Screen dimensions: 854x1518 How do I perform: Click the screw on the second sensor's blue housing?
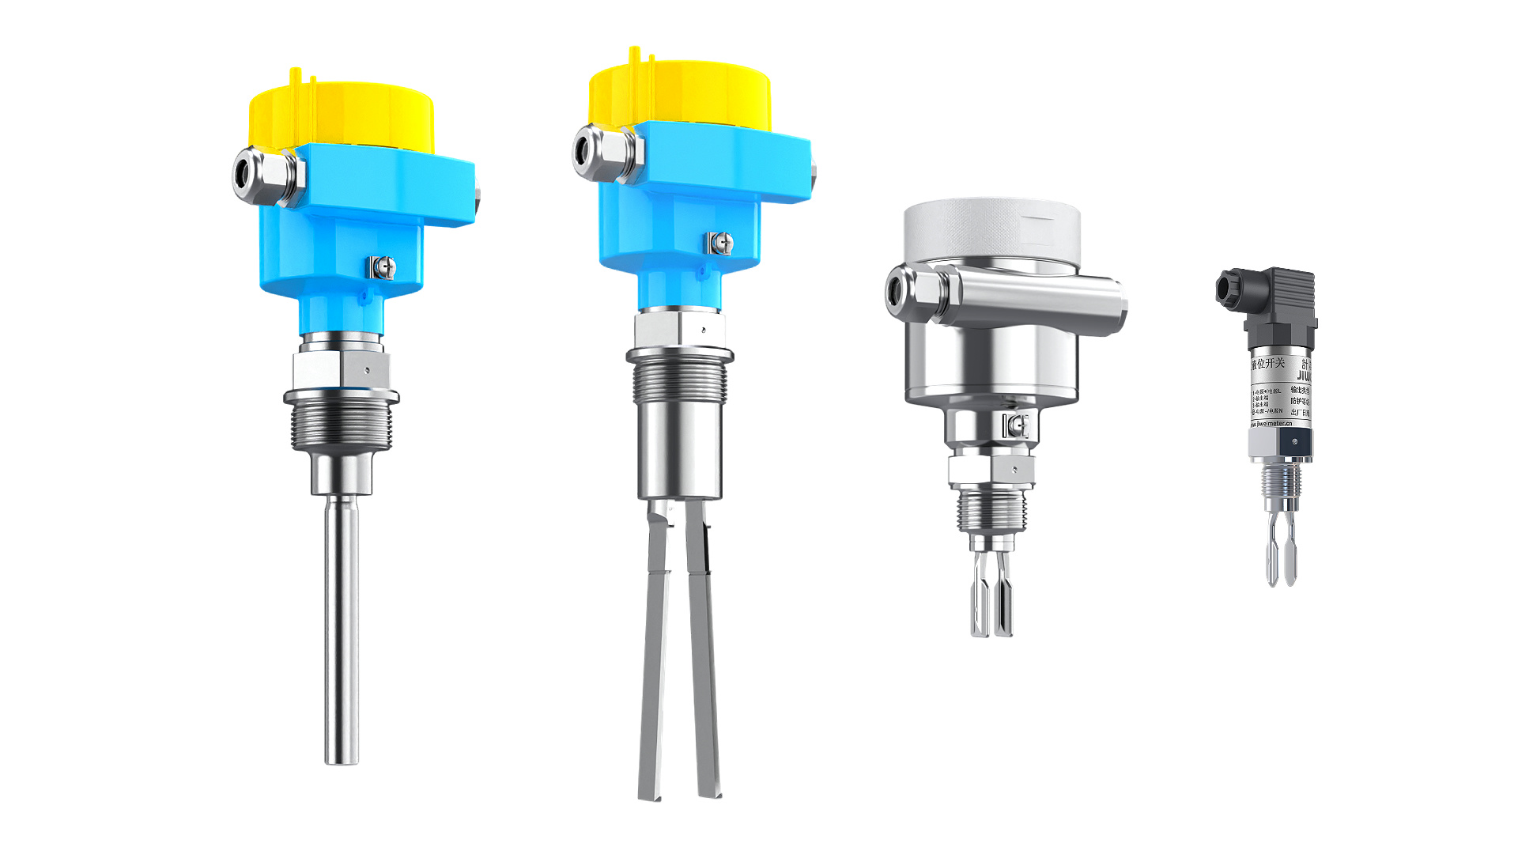(720, 243)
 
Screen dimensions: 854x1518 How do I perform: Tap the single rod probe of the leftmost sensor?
(342, 633)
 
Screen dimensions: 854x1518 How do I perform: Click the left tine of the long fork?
(655, 656)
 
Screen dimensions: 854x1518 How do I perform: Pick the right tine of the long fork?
(704, 656)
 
